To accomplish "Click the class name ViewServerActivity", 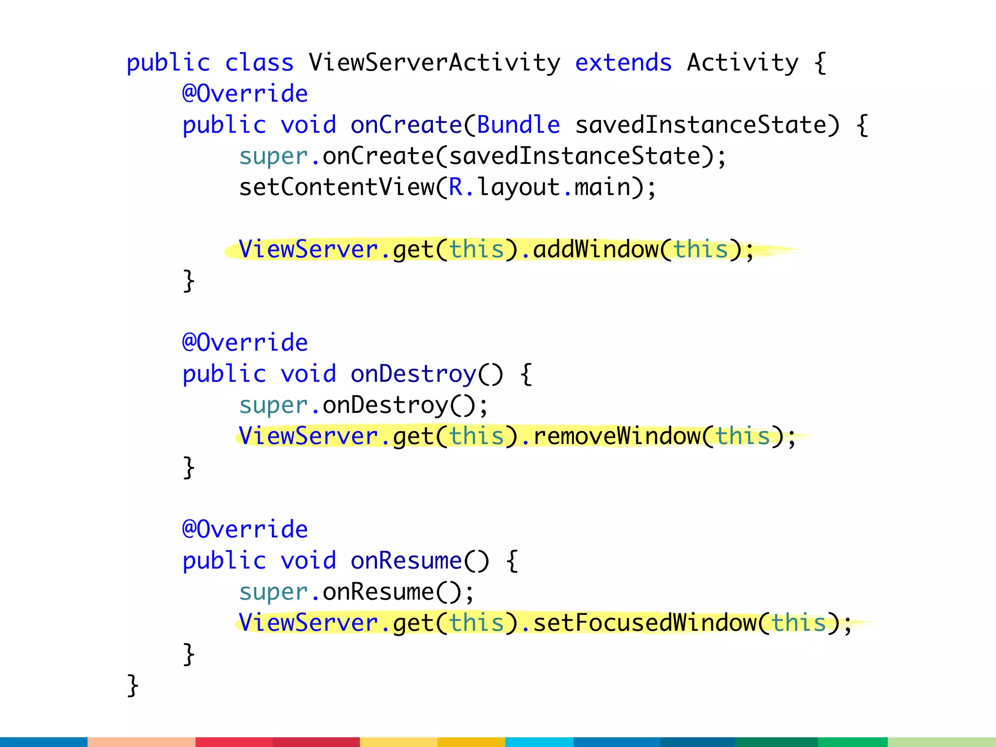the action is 434,63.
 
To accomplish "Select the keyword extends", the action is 623,63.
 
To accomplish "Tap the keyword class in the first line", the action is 259,63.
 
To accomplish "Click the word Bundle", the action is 518,125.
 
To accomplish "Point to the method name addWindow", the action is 596,249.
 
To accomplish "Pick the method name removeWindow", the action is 617,436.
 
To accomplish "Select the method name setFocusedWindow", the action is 645,623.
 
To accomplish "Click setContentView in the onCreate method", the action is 337,187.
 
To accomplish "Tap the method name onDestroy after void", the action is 413,374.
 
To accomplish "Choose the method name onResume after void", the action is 406,561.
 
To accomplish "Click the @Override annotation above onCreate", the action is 245,94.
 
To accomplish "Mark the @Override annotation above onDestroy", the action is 245,343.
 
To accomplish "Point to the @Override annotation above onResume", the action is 245,530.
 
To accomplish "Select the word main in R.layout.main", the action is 602,187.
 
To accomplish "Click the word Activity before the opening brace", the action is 742,63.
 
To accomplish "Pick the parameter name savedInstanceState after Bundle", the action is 700,125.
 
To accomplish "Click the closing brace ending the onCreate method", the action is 189,281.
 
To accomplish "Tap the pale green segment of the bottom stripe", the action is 942,742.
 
